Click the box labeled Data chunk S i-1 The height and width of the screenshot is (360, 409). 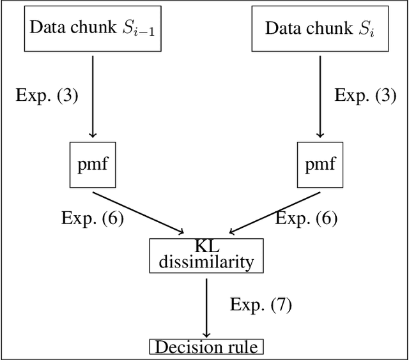[x=92, y=29]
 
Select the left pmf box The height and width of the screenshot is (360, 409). [x=92, y=165]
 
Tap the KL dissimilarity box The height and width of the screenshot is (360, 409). [x=206, y=254]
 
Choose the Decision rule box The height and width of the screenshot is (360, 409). [x=206, y=347]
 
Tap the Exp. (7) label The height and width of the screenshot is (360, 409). [x=261, y=304]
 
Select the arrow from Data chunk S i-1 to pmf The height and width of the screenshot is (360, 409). [x=93, y=96]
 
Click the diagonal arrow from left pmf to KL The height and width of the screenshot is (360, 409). [x=137, y=211]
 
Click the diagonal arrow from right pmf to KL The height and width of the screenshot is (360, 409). [x=275, y=211]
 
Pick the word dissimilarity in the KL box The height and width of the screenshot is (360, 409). [x=206, y=261]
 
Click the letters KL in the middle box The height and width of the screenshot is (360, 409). [x=206, y=246]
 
